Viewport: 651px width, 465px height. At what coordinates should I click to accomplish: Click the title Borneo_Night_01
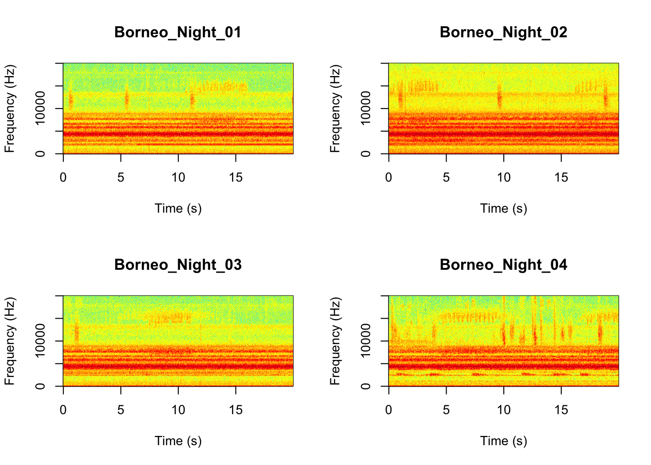click(178, 32)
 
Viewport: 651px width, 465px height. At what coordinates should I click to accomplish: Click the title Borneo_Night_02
click(503, 32)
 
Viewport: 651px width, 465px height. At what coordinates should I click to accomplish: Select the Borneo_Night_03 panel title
click(178, 265)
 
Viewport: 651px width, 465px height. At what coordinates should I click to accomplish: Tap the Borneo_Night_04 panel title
click(503, 265)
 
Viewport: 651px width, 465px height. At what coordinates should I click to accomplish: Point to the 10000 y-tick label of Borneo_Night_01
click(40, 108)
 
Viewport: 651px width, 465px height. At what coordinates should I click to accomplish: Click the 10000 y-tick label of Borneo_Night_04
click(366, 340)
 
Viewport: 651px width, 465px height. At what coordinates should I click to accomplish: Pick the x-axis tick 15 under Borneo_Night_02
click(561, 178)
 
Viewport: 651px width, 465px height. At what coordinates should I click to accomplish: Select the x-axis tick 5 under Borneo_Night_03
click(121, 410)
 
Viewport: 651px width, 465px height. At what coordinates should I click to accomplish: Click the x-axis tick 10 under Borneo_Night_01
click(178, 178)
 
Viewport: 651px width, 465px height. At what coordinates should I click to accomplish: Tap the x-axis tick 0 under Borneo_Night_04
click(388, 410)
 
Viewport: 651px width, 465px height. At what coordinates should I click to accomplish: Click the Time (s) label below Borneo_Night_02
click(503, 208)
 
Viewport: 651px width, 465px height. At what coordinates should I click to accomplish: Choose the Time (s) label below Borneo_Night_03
click(178, 441)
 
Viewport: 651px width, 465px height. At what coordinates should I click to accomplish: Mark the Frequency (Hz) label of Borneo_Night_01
click(10, 108)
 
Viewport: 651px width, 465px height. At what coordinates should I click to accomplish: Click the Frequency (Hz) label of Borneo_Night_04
click(335, 341)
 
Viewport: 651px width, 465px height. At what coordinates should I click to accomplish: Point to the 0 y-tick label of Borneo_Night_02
click(366, 154)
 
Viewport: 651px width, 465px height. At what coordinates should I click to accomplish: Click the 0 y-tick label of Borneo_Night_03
click(40, 386)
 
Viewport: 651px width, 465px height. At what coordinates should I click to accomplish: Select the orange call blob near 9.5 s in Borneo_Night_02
click(499, 97)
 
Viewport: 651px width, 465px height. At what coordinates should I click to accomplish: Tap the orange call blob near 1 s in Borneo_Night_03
click(76, 333)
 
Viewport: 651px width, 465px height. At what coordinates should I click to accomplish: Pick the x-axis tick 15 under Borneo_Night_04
click(561, 410)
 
